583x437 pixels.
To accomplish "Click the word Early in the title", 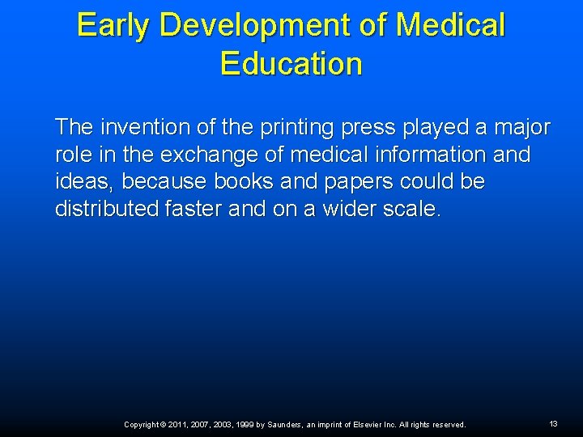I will pyautogui.click(x=114, y=26).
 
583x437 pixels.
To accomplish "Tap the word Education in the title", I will pyautogui.click(x=291, y=64).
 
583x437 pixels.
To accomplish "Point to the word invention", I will pyautogui.click(x=143, y=127).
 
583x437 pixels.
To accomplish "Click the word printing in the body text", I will pyautogui.click(x=279, y=128).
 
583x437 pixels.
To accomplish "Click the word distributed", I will pyautogui.click(x=109, y=210).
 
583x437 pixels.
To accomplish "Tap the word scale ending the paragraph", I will pyautogui.click(x=410, y=210).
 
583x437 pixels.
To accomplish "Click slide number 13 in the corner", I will pyautogui.click(x=553, y=424).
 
